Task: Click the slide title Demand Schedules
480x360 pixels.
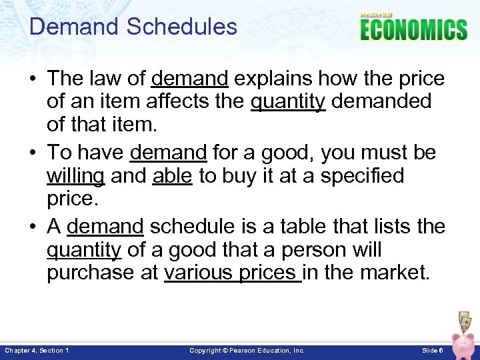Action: point(133,27)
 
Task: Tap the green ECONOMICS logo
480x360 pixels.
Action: point(413,30)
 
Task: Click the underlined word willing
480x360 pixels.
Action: point(75,176)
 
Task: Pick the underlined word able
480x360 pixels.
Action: point(172,176)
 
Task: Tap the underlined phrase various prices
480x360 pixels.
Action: point(232,273)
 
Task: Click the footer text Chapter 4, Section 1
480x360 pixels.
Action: point(37,350)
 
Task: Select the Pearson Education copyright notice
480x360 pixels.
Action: point(247,350)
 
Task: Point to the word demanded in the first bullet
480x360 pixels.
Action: point(381,102)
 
